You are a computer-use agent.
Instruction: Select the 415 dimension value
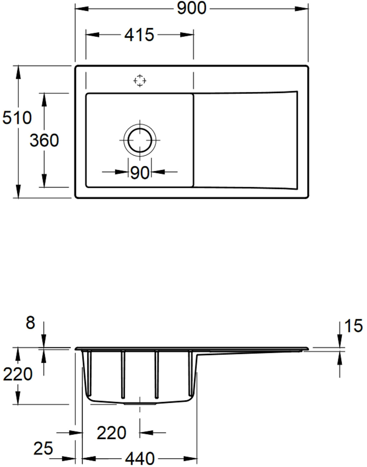(x=139, y=35)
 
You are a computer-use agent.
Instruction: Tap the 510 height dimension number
(x=17, y=118)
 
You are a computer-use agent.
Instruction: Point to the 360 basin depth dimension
(x=44, y=140)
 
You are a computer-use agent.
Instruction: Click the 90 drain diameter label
(x=140, y=173)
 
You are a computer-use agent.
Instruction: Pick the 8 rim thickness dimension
(x=30, y=323)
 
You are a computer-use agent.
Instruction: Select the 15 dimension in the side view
(x=353, y=326)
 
